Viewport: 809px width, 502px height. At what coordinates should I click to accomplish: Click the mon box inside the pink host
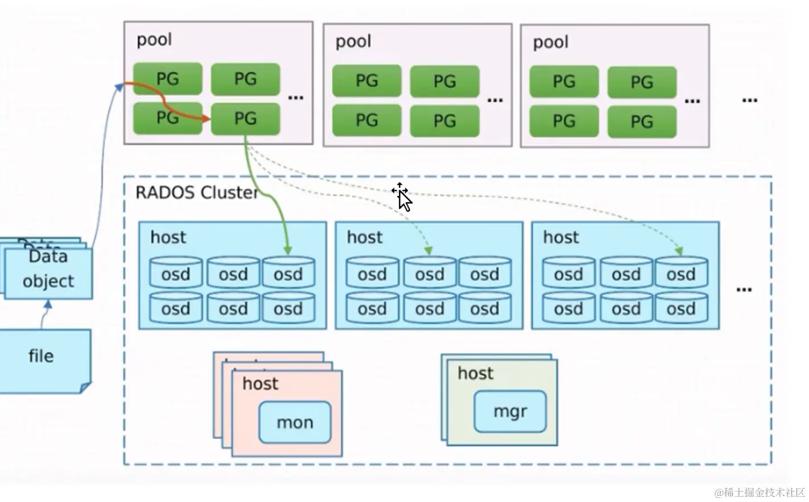[294, 422]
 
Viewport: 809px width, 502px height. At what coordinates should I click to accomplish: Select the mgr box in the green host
[510, 411]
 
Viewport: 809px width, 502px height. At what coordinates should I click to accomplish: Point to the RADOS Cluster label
[196, 193]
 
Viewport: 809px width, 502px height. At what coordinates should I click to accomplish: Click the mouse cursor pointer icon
[403, 198]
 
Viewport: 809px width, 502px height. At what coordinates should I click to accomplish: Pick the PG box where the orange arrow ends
[245, 119]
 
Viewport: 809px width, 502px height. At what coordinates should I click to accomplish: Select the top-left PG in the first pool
[167, 79]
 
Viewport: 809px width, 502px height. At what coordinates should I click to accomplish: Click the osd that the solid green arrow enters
[288, 274]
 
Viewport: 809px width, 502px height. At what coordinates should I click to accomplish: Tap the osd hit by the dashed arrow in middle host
[429, 274]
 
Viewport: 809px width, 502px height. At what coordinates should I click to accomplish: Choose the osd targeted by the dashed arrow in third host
[681, 274]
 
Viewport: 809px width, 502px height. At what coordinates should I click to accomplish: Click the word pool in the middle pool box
[353, 42]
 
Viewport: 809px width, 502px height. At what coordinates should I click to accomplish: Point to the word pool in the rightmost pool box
[551, 43]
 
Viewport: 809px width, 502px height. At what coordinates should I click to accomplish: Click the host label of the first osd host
[168, 237]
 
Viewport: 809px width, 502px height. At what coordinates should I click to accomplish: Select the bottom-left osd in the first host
[175, 309]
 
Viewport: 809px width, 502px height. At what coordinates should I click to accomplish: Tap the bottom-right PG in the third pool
[642, 121]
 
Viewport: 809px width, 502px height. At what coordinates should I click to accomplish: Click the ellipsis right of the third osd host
[744, 289]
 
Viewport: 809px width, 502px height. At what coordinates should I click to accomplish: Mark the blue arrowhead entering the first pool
[120, 86]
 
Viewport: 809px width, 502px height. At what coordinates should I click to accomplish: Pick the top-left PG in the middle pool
[367, 81]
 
